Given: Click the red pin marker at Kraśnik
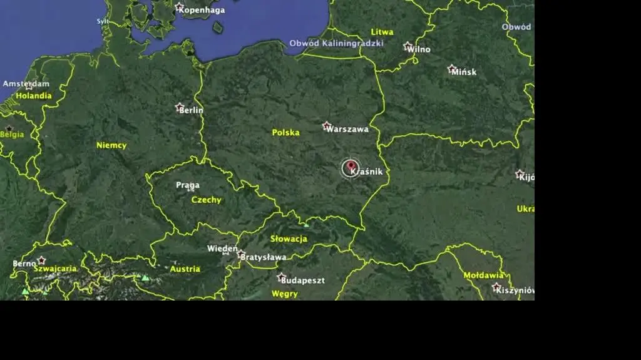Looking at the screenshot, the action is click(350, 167).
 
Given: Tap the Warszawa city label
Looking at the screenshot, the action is click(347, 130).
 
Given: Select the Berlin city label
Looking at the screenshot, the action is click(191, 110).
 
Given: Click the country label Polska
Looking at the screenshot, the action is click(285, 133).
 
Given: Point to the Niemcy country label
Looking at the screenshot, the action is click(111, 145).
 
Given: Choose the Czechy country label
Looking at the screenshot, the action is click(206, 200).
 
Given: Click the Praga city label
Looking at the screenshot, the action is click(188, 185).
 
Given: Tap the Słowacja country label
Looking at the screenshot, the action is click(289, 239).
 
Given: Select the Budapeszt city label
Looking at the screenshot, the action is click(302, 280).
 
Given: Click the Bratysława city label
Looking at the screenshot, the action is click(264, 257).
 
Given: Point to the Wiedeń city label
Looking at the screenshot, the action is click(222, 249).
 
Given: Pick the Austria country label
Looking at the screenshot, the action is click(185, 269).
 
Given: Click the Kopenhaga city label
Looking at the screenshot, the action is click(202, 10).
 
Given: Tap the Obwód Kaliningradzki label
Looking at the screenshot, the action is click(336, 44).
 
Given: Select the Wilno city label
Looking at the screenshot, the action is click(419, 49).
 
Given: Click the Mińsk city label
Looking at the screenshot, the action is click(464, 72).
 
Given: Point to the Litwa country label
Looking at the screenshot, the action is click(382, 32).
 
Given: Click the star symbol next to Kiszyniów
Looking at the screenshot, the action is click(496, 287).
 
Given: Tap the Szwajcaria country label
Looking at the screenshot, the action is click(55, 269).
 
